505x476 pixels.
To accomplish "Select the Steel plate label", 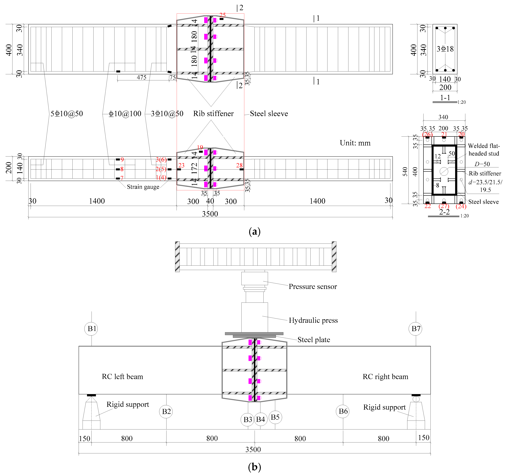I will coord(314,340).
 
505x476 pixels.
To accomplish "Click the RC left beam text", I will coord(122,377).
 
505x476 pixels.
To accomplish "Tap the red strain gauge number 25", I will coord(222,15).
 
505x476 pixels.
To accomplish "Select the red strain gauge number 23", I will coord(181,165).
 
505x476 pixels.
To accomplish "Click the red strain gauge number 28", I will coord(239,165).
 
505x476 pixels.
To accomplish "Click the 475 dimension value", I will coord(142,77).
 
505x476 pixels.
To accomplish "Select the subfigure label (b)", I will coord(254,467).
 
